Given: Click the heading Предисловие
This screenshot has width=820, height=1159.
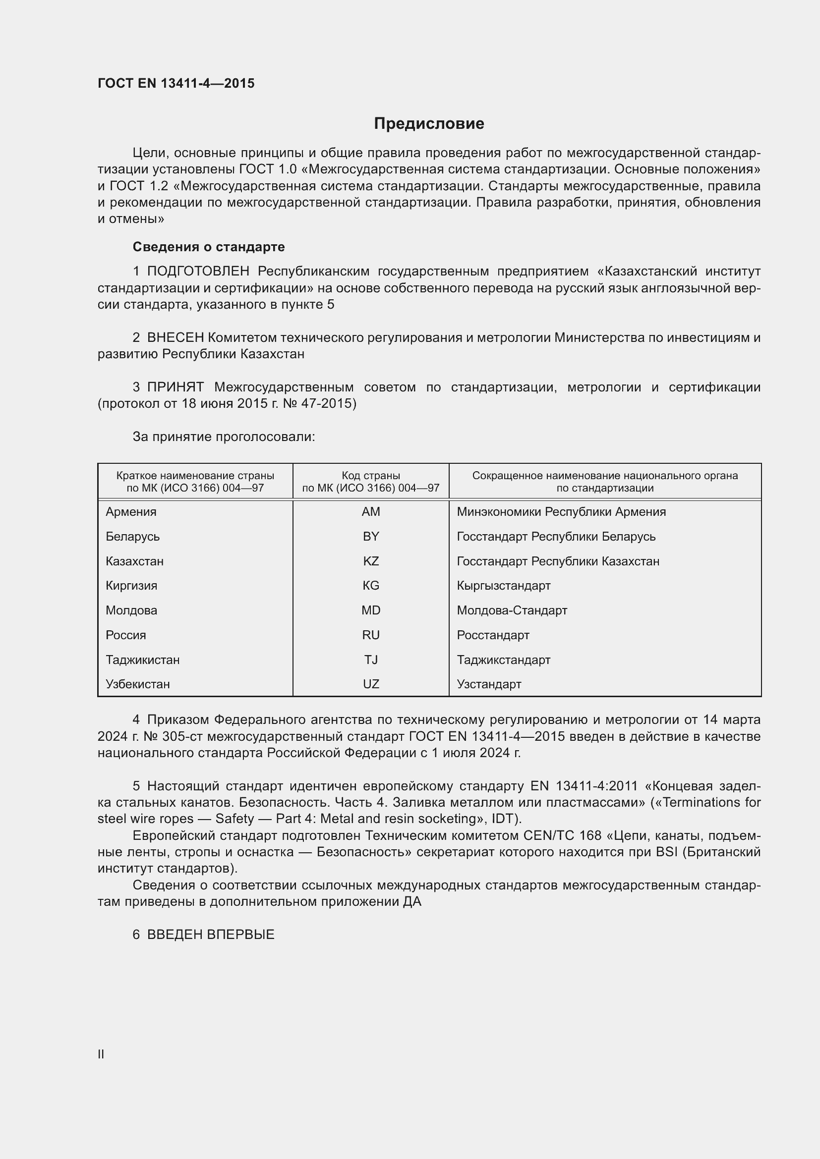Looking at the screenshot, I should coord(429,124).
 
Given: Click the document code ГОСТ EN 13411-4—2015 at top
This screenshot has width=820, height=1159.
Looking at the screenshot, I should coord(176,83).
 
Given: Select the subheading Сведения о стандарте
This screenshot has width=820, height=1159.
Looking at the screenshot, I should coord(209,247).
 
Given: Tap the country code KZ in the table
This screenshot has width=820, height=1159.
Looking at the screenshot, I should coord(371,561).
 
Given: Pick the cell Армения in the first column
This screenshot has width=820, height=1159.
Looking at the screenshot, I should coord(131,512).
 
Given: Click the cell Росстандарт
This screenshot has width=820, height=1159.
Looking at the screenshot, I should coord(493,635).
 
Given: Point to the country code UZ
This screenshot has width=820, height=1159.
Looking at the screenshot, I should coord(371,684).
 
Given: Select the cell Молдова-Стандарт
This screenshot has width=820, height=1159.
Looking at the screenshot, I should coord(512,610).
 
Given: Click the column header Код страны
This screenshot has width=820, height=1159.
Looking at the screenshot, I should coord(371,476).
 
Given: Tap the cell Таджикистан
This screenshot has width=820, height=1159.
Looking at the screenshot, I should coord(142,660).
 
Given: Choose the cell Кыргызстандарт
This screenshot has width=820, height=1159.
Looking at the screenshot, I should coord(503,586).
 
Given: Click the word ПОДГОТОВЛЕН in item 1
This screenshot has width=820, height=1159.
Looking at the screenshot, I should coord(198,272).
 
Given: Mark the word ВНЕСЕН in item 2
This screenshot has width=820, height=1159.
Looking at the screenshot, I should coord(175,338).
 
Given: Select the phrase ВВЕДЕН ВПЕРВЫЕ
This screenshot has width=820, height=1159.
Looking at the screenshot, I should coord(211,935).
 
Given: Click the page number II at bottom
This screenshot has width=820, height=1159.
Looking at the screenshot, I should coord(101,1054).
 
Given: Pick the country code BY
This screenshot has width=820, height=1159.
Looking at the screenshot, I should coord(371,537).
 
